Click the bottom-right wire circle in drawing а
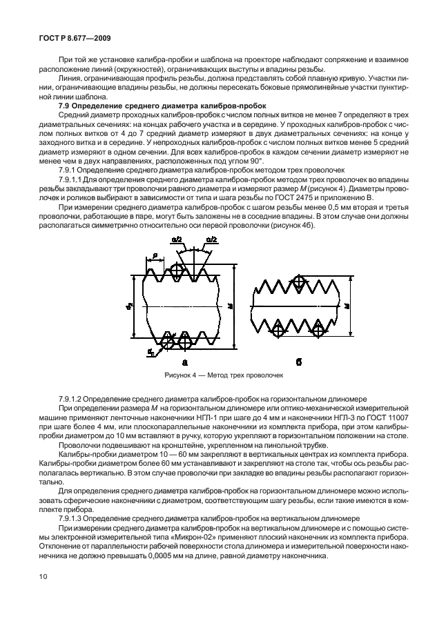(185, 340)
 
